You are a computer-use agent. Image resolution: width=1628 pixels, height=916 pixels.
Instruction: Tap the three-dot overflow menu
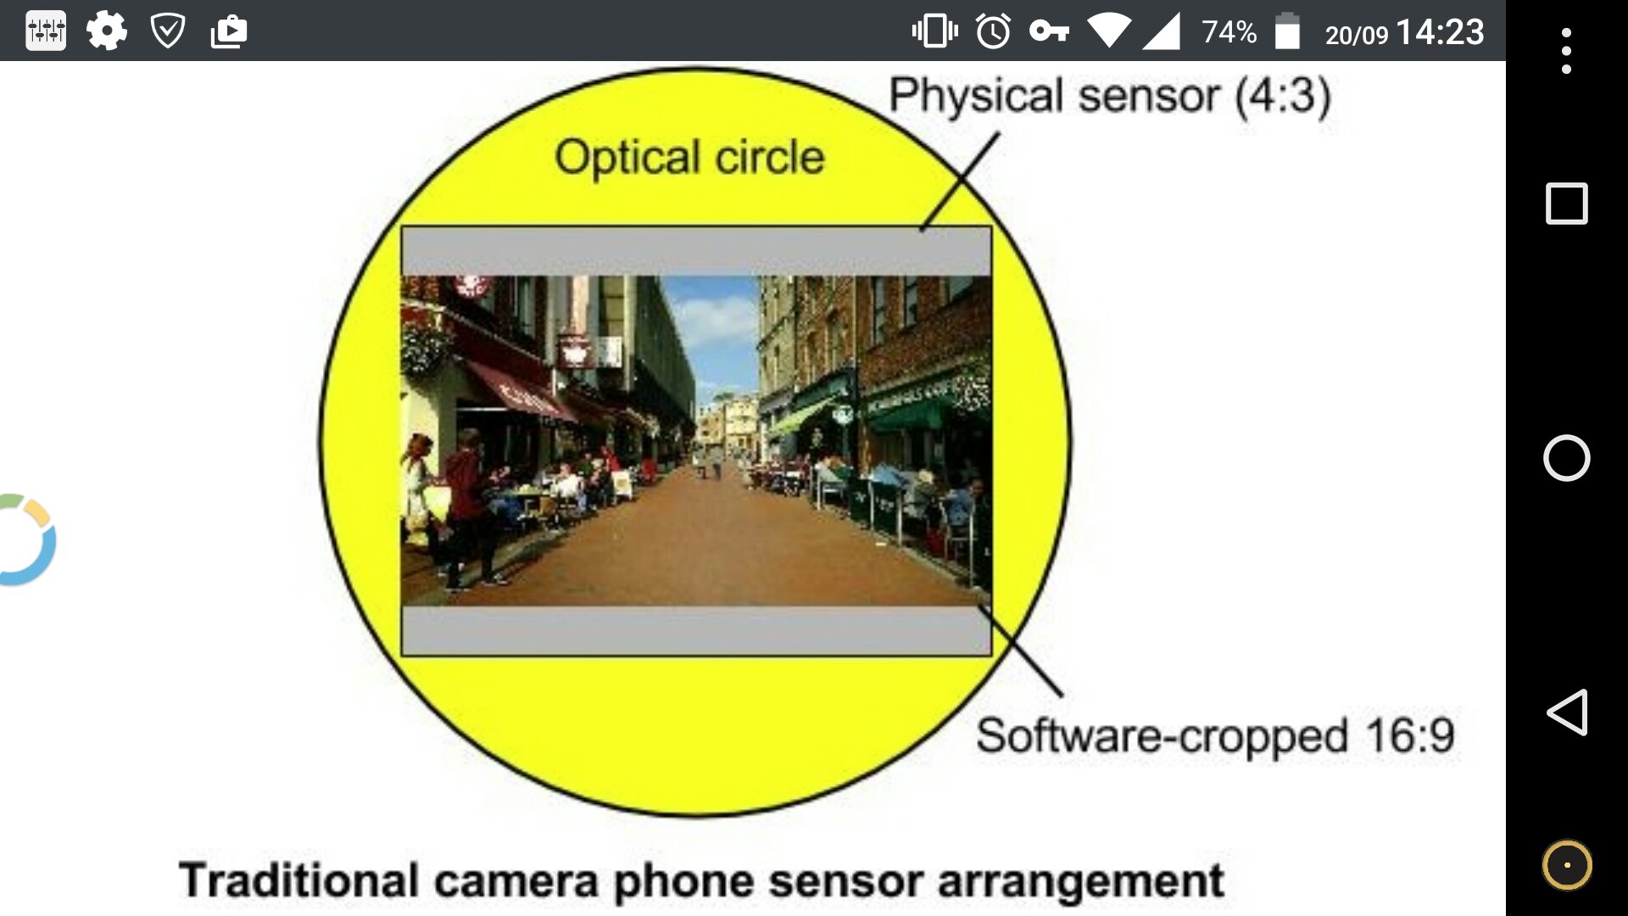(x=1566, y=51)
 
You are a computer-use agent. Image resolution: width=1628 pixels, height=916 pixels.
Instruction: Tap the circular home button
(x=1566, y=458)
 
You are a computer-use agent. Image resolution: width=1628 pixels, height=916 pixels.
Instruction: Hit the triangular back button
(x=1567, y=712)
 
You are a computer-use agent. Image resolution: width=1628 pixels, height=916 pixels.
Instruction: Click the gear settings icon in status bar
(x=107, y=31)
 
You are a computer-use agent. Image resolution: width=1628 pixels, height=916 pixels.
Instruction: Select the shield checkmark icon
(x=168, y=31)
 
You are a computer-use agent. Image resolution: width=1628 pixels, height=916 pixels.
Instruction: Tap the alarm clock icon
(x=993, y=31)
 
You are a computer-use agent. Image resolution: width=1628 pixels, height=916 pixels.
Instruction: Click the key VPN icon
(x=1049, y=31)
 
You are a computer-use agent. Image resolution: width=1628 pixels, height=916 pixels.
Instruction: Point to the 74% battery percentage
(x=1229, y=32)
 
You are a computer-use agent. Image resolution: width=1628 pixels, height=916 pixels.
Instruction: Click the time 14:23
(x=1440, y=32)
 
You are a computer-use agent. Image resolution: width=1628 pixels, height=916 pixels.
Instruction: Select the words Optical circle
(x=689, y=157)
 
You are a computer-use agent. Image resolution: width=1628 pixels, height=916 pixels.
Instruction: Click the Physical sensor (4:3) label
(x=1110, y=95)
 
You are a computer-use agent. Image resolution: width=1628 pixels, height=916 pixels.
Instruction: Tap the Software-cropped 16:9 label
(x=1215, y=735)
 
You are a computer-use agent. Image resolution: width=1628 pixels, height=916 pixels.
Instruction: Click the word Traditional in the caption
(x=299, y=880)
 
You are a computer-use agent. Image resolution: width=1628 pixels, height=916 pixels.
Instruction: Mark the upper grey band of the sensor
(x=696, y=251)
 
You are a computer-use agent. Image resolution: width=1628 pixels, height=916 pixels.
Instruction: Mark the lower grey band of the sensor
(x=696, y=631)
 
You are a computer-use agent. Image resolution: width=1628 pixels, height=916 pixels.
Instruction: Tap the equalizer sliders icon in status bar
(x=46, y=31)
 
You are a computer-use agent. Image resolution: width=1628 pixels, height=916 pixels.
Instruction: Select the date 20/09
(x=1357, y=36)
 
